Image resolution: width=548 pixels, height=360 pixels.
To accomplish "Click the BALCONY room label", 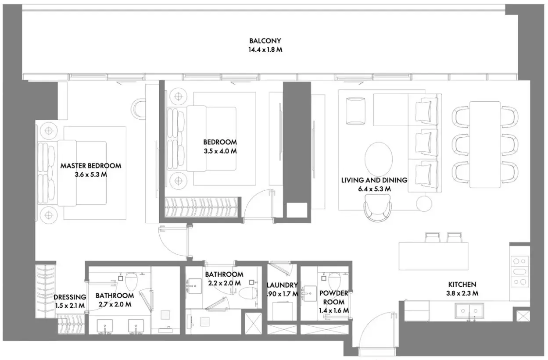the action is [x=265, y=41].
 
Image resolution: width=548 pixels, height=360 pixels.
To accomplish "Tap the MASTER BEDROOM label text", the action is [x=91, y=166].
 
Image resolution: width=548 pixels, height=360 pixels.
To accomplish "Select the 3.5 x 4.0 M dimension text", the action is [x=220, y=151].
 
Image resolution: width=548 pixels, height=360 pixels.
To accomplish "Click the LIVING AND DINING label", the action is [x=374, y=180].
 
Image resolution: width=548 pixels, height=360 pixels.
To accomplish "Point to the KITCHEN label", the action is [x=462, y=285].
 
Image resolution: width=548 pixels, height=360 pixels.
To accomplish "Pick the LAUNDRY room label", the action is [x=282, y=285].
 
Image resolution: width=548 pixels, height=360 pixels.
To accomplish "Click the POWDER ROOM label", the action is [x=334, y=297].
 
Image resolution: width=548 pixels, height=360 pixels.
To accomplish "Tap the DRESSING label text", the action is [x=70, y=297].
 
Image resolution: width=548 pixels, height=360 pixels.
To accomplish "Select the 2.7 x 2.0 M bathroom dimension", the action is [x=115, y=304].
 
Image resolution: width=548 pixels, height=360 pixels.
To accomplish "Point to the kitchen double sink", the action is [x=469, y=311].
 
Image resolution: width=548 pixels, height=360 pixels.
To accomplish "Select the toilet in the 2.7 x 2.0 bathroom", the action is [x=132, y=281].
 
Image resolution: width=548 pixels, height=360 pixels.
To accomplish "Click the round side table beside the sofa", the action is [x=424, y=203].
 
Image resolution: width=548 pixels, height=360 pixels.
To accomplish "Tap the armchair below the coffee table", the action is [x=377, y=208].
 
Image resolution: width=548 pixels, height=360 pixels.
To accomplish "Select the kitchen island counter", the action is [x=433, y=256].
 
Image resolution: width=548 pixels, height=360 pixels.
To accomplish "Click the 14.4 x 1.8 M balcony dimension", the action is [x=265, y=50].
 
